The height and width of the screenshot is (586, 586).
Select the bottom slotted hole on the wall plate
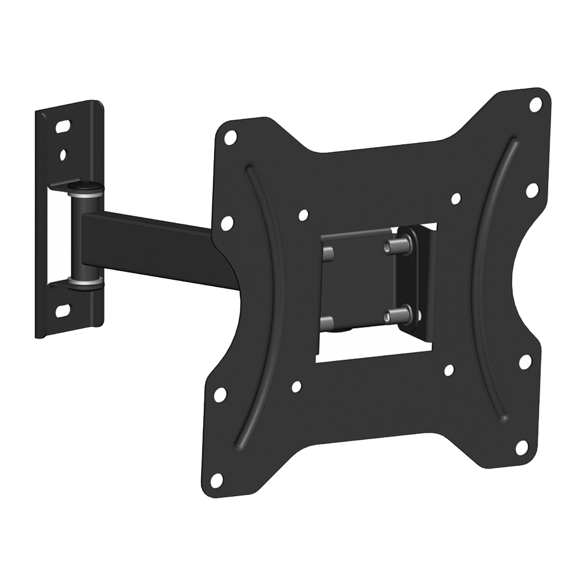(x=62, y=310)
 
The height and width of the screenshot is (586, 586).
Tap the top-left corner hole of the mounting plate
(x=231, y=137)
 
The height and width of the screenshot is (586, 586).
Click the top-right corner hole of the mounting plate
(x=536, y=105)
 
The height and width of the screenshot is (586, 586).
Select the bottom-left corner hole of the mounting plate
(x=217, y=480)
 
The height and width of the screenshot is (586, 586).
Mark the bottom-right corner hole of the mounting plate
(x=521, y=448)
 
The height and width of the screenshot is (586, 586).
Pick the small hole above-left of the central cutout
(x=304, y=215)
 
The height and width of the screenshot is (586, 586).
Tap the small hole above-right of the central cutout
(x=456, y=199)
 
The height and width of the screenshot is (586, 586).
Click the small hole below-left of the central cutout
(x=296, y=387)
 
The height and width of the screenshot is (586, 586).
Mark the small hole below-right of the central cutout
(x=449, y=370)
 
